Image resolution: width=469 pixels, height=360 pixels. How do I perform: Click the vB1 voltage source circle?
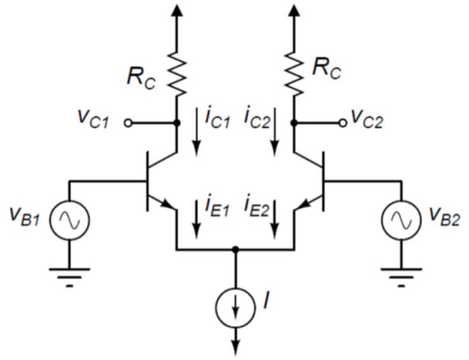70,220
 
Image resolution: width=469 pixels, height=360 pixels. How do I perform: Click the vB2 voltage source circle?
401,220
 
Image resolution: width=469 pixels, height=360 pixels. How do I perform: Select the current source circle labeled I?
235,307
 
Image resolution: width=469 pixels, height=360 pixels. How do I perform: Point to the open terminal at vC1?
128,123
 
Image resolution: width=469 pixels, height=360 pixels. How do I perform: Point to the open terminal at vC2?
343,123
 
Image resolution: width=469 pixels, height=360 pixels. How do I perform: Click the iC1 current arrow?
196,132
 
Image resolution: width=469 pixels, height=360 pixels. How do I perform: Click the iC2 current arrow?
275,132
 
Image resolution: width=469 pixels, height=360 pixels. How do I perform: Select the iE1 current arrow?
196,219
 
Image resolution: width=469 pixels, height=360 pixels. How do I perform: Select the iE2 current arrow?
275,219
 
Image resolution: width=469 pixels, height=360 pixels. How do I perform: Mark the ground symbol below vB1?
70,277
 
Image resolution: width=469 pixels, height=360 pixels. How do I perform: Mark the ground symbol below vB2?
401,277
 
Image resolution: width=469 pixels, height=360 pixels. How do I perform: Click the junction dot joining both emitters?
235,249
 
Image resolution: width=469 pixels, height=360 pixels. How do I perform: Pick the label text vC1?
93,119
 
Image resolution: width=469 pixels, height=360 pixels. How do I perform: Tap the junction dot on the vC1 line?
177,123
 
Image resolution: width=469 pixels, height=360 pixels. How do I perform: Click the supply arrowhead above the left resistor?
177,9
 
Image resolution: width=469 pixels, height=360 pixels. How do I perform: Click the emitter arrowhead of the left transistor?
167,204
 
